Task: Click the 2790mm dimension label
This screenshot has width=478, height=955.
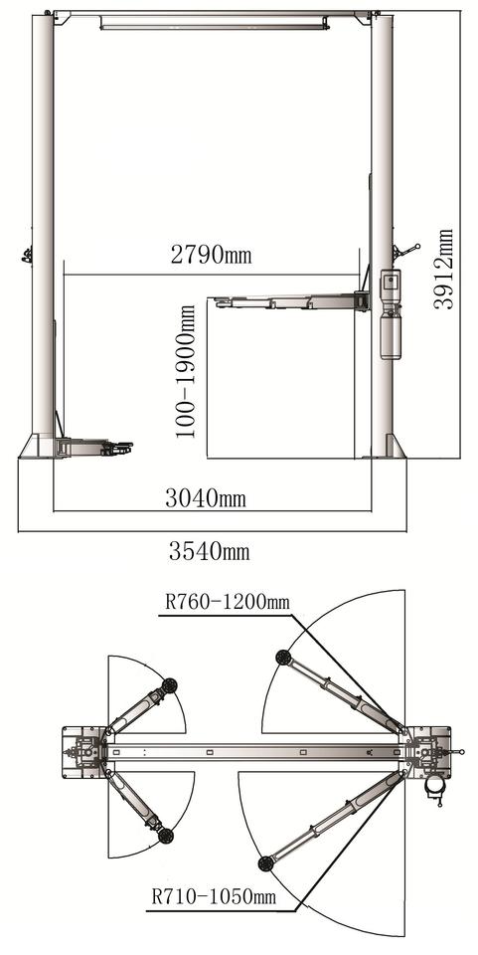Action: point(211,255)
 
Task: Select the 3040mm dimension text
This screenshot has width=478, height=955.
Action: point(206,498)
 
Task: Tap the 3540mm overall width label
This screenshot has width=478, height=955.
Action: point(210,552)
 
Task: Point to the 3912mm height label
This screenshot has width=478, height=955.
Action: point(444,269)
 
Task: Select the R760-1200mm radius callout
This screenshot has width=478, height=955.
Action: point(227,603)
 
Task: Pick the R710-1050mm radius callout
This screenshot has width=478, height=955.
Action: point(214,896)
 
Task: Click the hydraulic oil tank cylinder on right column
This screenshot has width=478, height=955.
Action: point(390,335)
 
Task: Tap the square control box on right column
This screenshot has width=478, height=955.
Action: point(389,284)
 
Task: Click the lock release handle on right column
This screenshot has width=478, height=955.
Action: point(405,251)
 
